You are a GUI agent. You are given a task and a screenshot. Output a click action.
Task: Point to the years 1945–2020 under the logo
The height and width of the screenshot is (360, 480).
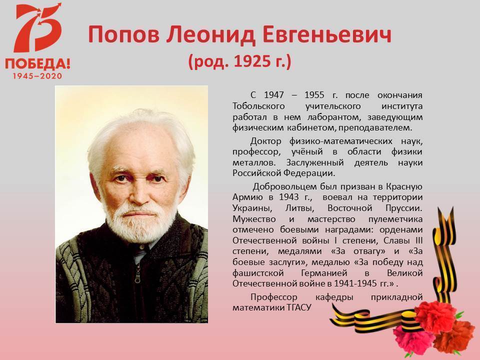click(37, 76)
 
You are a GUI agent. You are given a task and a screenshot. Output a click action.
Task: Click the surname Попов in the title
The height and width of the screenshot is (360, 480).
click(123, 34)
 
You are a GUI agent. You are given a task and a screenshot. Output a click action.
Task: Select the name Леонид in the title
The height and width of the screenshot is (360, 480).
click(211, 34)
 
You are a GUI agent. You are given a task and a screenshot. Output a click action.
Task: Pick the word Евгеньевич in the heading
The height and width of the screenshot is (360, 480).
click(327, 34)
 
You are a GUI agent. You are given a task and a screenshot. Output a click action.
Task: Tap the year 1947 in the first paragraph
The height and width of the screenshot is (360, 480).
click(273, 95)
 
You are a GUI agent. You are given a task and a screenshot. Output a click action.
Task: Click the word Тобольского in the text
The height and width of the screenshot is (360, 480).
click(258, 106)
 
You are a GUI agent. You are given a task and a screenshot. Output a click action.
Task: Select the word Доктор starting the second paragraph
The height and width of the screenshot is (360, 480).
click(265, 141)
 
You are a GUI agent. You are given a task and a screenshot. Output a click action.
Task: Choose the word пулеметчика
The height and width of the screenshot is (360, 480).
click(395, 219)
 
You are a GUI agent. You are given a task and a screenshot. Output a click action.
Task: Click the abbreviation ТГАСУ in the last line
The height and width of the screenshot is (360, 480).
click(299, 307)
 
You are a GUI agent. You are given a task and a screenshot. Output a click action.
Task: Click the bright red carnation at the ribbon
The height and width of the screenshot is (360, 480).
click(435, 316)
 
